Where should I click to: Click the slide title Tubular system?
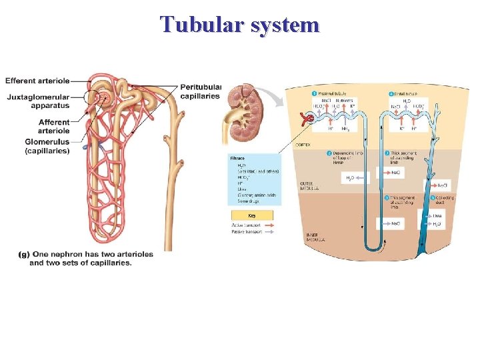click(x=240, y=25)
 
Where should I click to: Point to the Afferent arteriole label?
click(x=54, y=127)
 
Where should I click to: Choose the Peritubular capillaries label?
click(x=200, y=91)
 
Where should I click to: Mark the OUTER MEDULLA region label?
click(x=308, y=185)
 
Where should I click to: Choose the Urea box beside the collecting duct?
click(x=437, y=216)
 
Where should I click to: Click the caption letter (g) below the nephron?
click(x=25, y=254)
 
